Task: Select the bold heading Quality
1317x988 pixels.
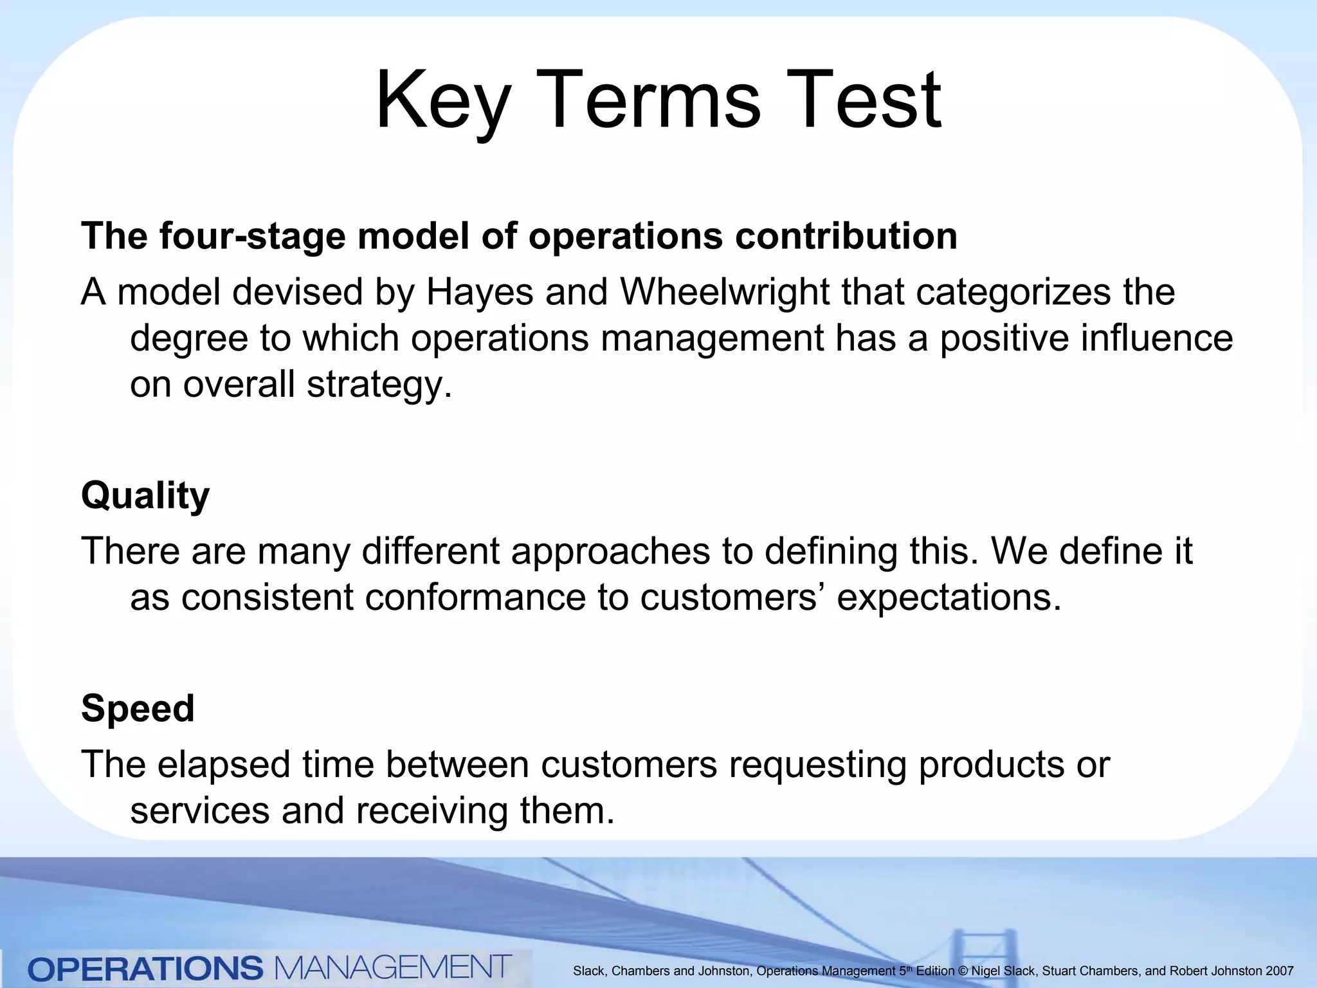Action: click(x=145, y=495)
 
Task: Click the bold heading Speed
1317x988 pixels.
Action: click(x=138, y=708)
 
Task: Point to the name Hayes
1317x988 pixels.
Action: click(x=480, y=292)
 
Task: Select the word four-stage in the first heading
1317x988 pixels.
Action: click(x=253, y=235)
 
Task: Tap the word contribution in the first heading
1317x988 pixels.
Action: click(x=846, y=235)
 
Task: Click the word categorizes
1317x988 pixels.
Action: click(x=1013, y=292)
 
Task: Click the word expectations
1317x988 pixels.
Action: click(x=949, y=598)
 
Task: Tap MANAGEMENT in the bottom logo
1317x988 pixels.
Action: click(x=393, y=967)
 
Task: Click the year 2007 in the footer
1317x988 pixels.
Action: click(x=1280, y=971)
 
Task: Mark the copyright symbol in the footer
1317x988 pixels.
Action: click(x=963, y=971)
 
